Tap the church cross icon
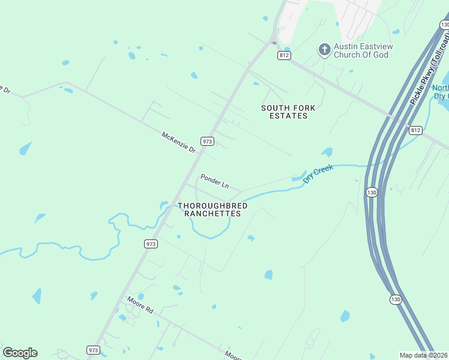[325, 50]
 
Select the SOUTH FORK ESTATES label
[284, 112]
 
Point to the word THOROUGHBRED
[213, 206]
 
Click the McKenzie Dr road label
[179, 142]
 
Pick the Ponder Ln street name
[215, 181]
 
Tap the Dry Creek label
[318, 175]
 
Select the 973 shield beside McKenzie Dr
[208, 142]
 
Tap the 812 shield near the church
[284, 55]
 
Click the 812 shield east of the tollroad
[415, 130]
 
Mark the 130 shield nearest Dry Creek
[372, 193]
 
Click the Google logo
[20, 353]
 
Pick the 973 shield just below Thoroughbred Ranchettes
[151, 244]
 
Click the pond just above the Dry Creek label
[327, 152]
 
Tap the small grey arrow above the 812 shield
[274, 42]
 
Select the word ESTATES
[284, 116]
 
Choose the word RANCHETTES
[213, 214]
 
